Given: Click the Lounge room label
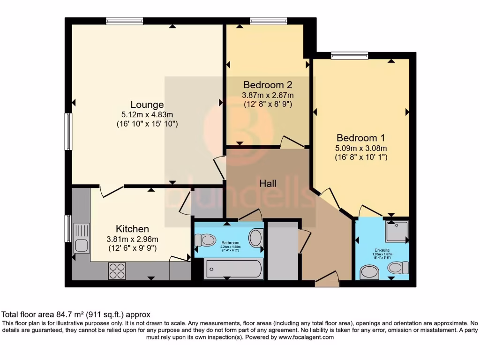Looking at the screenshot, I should (147, 105).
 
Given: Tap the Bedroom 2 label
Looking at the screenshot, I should (268, 85).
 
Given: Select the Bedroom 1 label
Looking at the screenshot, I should (360, 138).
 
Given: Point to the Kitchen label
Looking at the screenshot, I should (132, 229).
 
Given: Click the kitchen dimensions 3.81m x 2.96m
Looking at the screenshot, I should (132, 239).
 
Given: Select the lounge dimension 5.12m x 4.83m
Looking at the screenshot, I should (147, 114).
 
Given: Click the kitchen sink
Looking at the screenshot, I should (81, 239).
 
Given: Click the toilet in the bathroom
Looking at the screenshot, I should (204, 240).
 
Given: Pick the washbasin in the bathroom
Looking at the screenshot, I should (256, 238).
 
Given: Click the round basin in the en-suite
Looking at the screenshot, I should (370, 272).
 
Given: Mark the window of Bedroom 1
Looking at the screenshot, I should (349, 56).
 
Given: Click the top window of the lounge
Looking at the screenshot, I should (124, 21).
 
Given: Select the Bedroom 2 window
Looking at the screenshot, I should (268, 21).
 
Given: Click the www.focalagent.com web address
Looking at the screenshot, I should (306, 337).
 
